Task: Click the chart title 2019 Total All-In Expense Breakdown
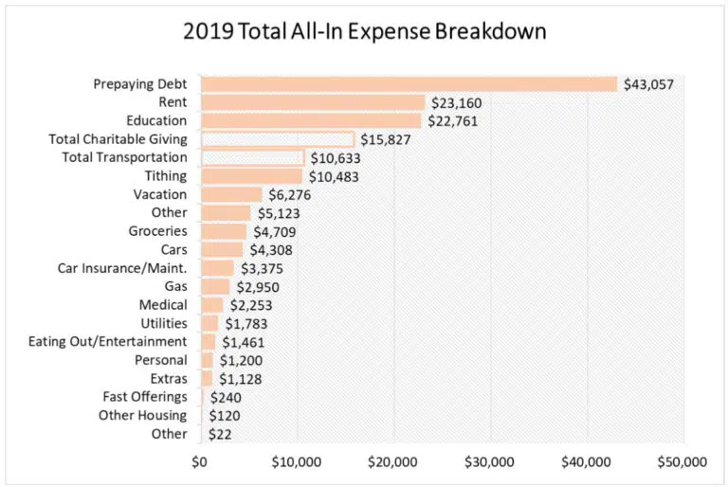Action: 364,30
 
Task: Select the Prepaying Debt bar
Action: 409,83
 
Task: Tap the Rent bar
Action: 313,102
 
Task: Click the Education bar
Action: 311,120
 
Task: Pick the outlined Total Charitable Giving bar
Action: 278,139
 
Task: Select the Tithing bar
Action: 251,176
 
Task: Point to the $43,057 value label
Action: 648,84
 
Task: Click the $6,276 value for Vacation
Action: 289,194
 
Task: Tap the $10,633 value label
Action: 335,158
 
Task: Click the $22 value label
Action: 221,435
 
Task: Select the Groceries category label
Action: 158,231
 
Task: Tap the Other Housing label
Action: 143,416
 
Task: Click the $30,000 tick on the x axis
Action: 490,463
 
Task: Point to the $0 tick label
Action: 199,463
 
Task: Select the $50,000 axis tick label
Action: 682,463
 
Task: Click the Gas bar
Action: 215,286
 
